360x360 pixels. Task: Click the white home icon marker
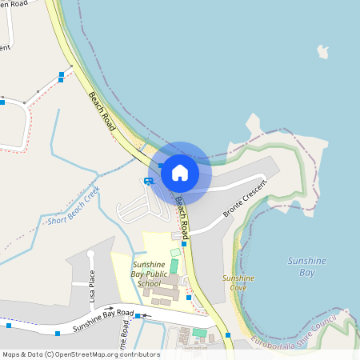coord(180,172)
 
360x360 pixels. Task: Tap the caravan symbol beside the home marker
coord(148,182)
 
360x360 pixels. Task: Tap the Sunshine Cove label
coord(238,282)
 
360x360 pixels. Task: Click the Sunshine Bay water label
coord(301,266)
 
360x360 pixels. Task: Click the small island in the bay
coord(322,52)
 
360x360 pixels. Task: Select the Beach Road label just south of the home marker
coord(182,218)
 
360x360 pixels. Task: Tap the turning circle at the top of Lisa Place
coord(90,254)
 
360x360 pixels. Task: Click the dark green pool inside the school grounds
coord(174,265)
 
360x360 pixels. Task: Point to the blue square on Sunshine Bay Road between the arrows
coord(138,317)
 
